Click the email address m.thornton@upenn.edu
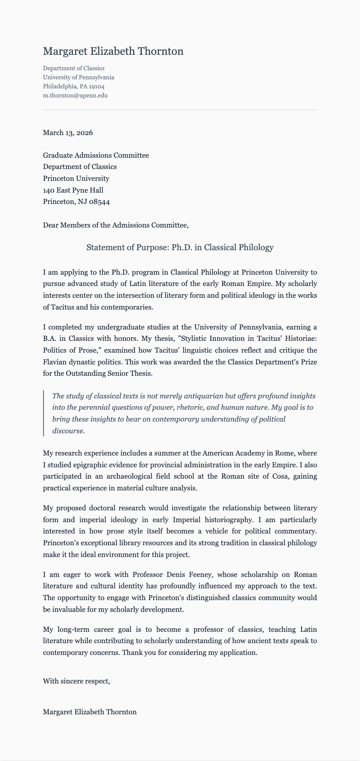75,96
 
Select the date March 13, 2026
68,133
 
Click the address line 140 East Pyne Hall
73,190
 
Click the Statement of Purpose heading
180,247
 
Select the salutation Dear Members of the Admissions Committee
116,225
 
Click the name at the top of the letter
113,52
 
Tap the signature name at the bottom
90,712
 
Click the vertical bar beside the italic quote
44,413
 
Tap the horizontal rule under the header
180,110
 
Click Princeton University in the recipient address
76,179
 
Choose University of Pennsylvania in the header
78,78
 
